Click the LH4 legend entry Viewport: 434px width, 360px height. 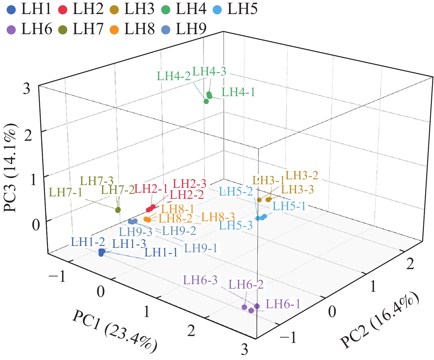(x=184, y=9)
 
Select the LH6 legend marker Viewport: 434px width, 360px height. (x=11, y=29)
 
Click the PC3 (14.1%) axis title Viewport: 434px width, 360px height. (x=10, y=168)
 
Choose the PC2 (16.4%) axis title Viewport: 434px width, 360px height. (x=380, y=320)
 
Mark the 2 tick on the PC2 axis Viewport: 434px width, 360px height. (x=410, y=264)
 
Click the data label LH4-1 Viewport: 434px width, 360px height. (x=238, y=92)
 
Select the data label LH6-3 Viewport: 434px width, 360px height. (x=200, y=280)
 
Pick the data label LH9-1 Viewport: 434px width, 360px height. (x=201, y=248)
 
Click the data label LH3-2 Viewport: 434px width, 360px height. (x=302, y=175)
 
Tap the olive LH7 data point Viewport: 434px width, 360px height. (x=118, y=210)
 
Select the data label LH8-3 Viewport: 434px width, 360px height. (x=218, y=217)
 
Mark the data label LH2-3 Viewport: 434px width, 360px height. (x=190, y=184)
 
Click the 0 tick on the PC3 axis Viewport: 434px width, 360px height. (x=36, y=225)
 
